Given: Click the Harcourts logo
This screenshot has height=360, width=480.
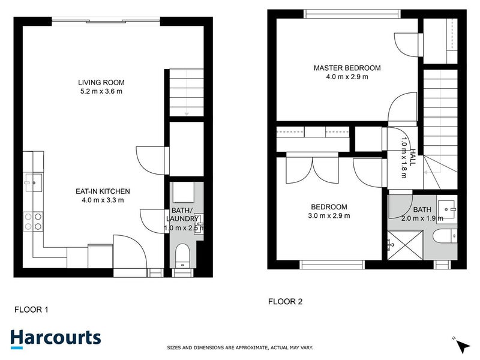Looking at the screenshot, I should [55, 337].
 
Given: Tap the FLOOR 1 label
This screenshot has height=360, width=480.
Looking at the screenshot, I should [31, 310].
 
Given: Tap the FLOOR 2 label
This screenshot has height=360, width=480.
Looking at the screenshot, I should [284, 302].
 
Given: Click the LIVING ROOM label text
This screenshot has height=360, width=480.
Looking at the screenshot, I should [101, 82].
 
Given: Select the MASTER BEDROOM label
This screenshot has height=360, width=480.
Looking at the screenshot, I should [347, 68].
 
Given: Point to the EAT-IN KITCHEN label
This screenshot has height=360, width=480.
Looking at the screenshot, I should [103, 191].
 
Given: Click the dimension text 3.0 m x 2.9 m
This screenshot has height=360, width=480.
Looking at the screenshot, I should [329, 216].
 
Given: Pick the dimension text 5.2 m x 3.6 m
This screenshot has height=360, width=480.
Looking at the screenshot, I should [101, 92].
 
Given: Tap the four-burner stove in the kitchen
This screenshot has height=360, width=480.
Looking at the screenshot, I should [32, 221].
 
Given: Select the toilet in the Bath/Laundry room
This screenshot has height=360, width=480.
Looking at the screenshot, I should [182, 256].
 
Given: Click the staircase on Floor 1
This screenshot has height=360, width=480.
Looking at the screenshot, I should [186, 93].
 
